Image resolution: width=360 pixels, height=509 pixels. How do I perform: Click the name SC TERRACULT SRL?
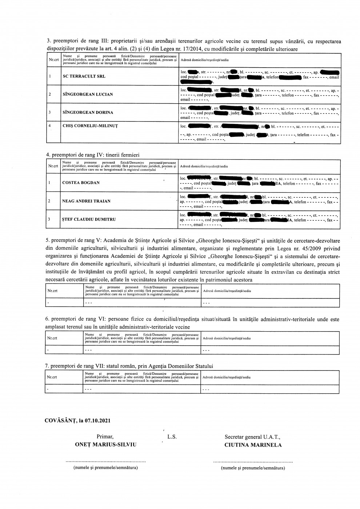(x=82, y=77)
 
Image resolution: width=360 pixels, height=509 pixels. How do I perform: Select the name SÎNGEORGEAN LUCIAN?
(x=88, y=95)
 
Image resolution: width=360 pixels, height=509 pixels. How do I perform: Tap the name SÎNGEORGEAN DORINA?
(x=88, y=113)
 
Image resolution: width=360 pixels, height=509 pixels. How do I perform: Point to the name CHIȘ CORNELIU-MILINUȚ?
(x=90, y=126)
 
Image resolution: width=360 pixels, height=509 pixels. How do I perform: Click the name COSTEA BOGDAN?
(x=81, y=183)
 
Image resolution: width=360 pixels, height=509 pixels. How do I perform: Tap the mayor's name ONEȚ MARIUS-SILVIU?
(x=105, y=445)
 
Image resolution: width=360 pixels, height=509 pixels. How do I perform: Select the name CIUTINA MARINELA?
(x=253, y=445)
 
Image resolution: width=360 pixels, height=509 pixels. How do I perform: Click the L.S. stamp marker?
(x=172, y=437)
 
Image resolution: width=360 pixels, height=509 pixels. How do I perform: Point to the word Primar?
(x=105, y=437)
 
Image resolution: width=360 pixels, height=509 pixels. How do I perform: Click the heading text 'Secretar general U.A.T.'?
(x=252, y=437)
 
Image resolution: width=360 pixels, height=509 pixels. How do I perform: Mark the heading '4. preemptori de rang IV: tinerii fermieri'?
(x=93, y=155)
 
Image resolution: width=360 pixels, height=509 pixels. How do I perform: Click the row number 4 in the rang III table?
(x=49, y=126)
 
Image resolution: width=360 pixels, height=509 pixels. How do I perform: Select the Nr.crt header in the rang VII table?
(x=52, y=377)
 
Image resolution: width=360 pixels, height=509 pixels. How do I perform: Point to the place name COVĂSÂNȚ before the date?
(x=60, y=421)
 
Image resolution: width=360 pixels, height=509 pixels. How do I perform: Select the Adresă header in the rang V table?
(x=227, y=291)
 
